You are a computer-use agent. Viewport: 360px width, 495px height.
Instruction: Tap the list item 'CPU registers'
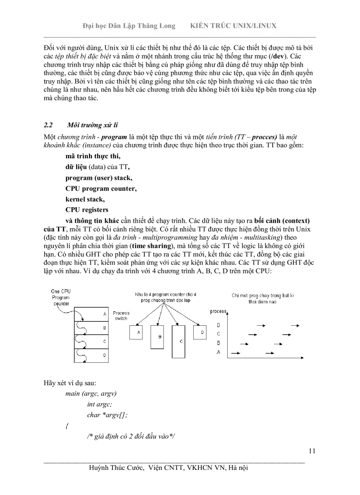point(86,210)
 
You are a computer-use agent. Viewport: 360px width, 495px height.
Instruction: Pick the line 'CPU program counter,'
point(101,189)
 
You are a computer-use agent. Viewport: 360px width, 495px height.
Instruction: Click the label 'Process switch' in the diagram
point(121,316)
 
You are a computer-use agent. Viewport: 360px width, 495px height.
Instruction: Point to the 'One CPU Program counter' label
point(61,298)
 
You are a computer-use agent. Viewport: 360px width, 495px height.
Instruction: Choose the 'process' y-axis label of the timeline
point(218,312)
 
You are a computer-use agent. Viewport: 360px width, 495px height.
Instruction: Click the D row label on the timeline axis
point(219,325)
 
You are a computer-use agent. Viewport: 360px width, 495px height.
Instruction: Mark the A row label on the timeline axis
point(219,352)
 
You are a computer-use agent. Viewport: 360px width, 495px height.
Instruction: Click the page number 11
point(312,450)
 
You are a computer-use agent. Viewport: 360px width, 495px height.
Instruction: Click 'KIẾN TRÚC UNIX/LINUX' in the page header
point(233,26)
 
